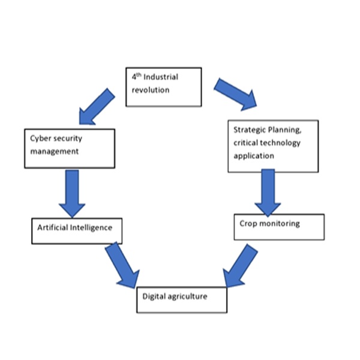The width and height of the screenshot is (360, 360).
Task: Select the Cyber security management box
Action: click(x=70, y=148)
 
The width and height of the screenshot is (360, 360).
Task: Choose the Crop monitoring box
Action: click(x=279, y=227)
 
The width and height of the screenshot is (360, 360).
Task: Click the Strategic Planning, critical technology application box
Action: click(x=273, y=145)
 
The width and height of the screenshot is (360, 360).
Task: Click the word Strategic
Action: click(x=248, y=130)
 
